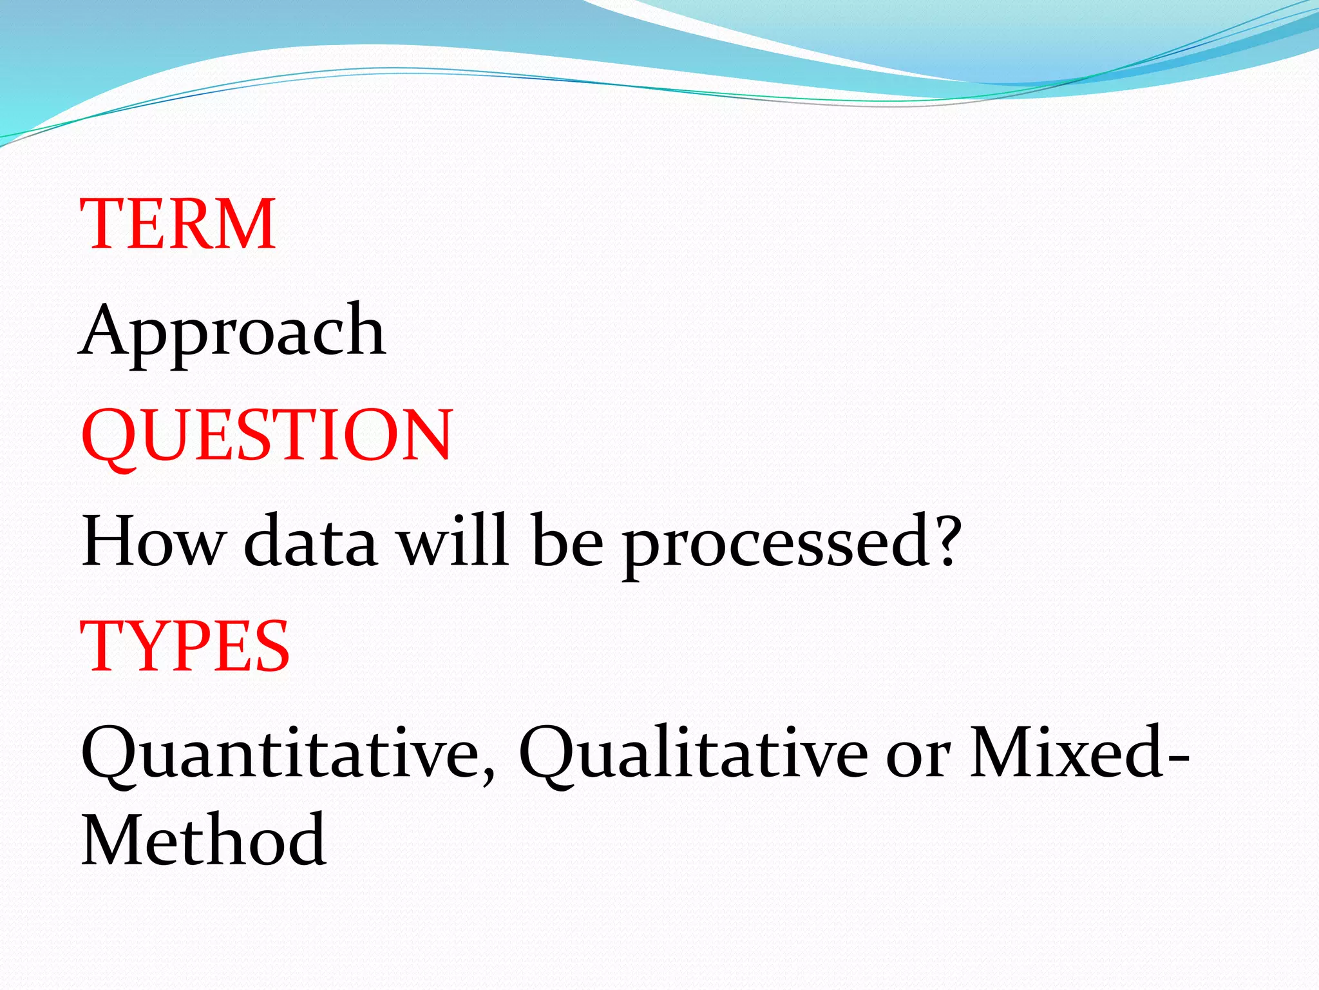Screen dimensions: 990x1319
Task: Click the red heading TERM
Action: point(178,224)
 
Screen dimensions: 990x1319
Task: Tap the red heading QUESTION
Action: point(267,436)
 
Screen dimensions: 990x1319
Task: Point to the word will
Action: point(453,540)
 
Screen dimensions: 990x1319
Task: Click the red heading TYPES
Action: point(185,646)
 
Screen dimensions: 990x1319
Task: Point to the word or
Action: point(918,757)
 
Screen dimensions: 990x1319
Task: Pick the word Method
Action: point(204,841)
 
